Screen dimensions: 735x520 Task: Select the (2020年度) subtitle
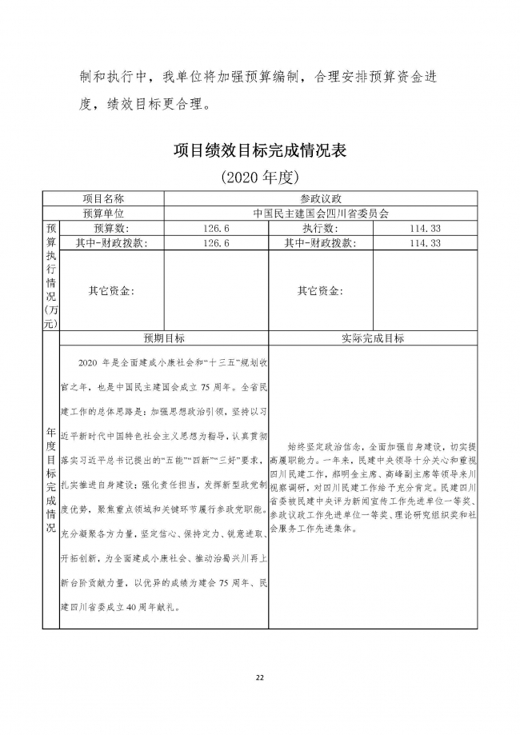[260, 177]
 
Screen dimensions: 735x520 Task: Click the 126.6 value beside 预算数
[217, 229]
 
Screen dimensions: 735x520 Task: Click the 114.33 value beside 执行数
[425, 229]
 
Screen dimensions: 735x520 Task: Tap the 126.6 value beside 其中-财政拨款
[217, 243]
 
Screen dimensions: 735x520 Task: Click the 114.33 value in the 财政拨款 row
[425, 243]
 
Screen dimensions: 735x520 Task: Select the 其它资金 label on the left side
[111, 291]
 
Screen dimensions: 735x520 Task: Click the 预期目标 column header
[164, 338]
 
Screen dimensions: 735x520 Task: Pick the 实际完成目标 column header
[373, 338]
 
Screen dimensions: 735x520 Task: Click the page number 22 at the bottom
[259, 677]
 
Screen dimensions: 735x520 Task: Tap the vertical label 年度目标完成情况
[50, 480]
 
